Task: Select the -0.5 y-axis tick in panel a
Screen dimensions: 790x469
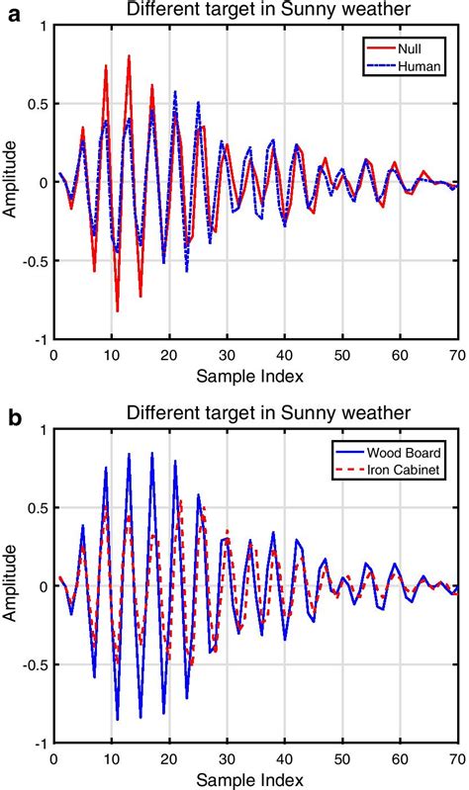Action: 36,262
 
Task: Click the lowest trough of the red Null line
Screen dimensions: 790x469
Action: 118,311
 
